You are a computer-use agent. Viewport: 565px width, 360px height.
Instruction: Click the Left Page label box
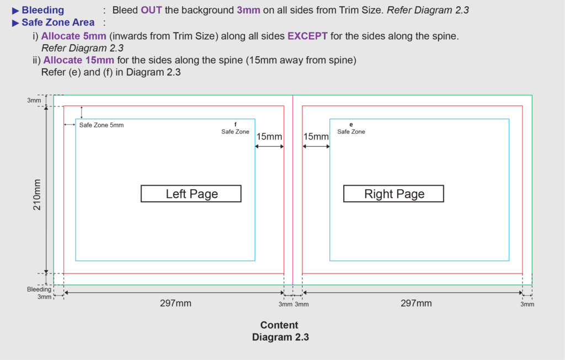coord(191,194)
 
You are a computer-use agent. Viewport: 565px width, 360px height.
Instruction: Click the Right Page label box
coord(394,194)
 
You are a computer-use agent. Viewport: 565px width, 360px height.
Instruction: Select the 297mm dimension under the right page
coord(417,303)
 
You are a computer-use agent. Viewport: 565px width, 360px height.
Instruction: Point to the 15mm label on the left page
coord(269,136)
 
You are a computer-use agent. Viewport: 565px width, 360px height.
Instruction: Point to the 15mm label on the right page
coord(316,136)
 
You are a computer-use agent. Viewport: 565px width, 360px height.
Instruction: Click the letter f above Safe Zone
coord(236,124)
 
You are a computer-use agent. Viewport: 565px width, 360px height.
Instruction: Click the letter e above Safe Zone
coord(351,124)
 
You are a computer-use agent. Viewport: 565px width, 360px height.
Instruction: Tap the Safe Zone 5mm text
coord(102,125)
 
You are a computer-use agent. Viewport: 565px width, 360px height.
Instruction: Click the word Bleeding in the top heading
coord(42,10)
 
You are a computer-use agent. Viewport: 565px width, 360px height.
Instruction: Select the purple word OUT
coord(152,10)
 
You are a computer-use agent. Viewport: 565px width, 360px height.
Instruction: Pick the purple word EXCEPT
coord(307,36)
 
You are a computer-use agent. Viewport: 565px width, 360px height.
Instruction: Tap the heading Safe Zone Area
coord(58,23)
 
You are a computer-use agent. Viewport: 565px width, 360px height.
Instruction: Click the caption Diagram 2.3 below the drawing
coord(280,337)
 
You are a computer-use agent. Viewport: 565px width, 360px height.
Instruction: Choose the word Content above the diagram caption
coord(279,325)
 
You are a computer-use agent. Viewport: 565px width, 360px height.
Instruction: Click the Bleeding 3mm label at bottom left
coord(39,293)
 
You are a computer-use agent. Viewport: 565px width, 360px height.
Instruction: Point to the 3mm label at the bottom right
coord(527,304)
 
